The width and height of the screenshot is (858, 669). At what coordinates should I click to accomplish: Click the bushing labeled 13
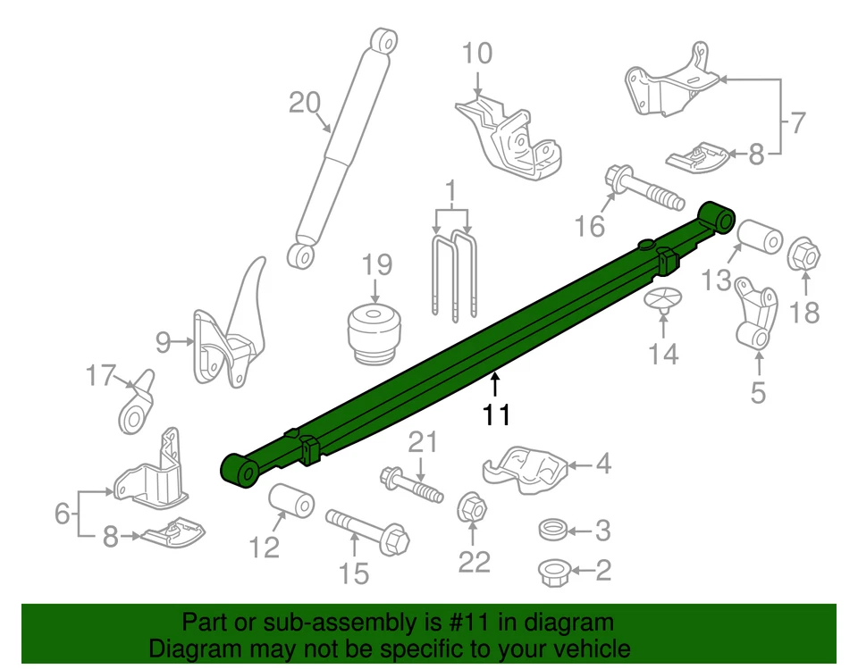(760, 238)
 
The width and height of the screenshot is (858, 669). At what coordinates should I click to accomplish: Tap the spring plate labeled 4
(524, 469)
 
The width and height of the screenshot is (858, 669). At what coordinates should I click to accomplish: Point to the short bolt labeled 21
(412, 483)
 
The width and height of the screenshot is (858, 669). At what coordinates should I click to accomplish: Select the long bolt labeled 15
(367, 529)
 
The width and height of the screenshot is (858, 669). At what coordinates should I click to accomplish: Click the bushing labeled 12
(291, 501)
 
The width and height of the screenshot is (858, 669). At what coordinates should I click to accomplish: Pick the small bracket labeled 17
(136, 406)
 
